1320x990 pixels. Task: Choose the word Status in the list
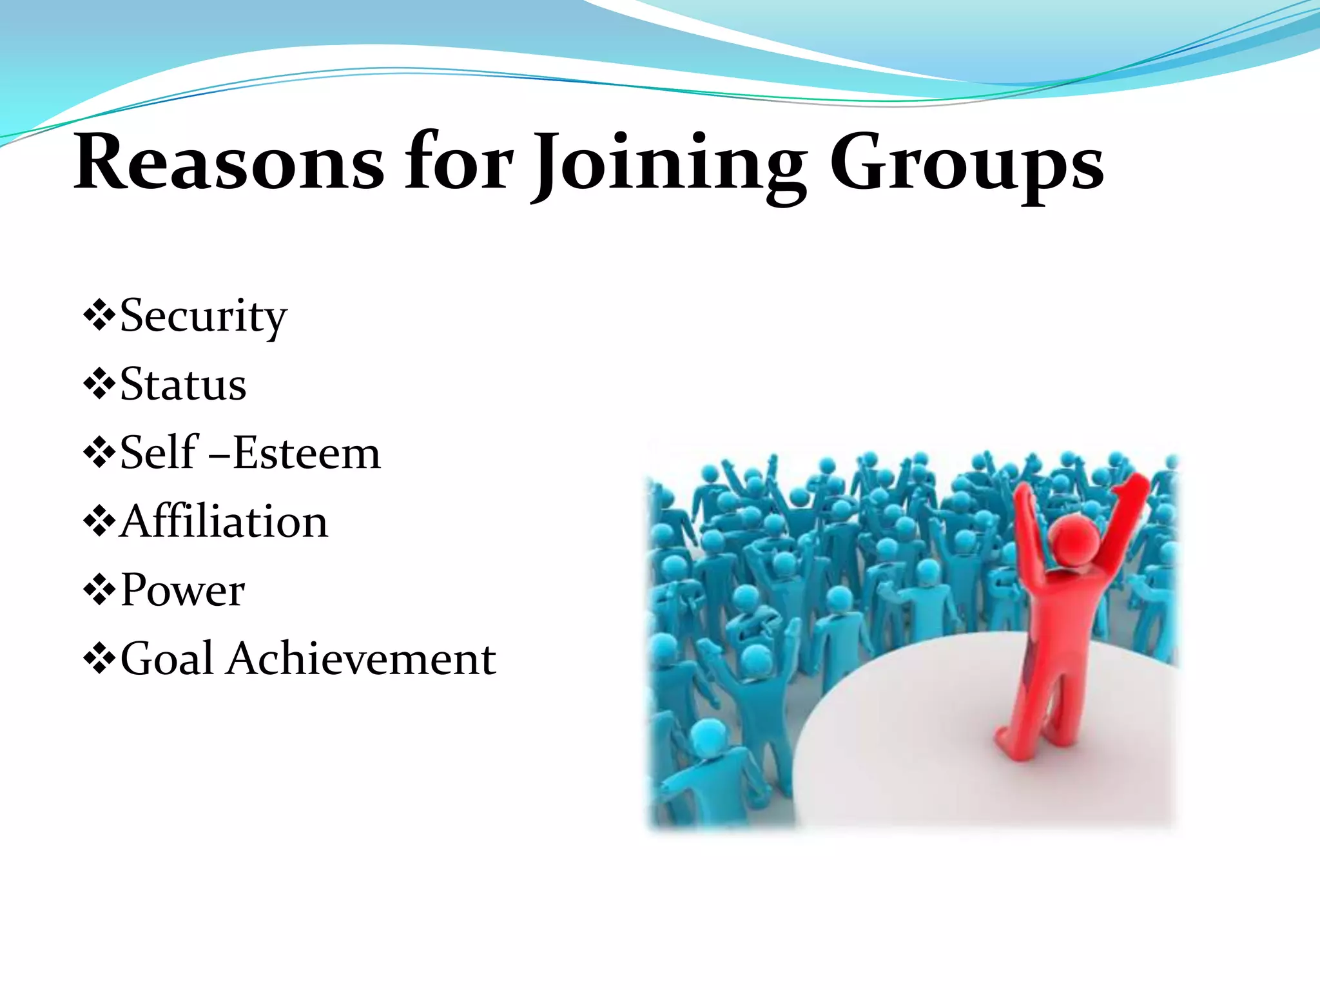183,385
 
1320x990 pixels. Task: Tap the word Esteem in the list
306,453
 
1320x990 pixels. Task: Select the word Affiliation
224,521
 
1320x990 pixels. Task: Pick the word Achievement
361,659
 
